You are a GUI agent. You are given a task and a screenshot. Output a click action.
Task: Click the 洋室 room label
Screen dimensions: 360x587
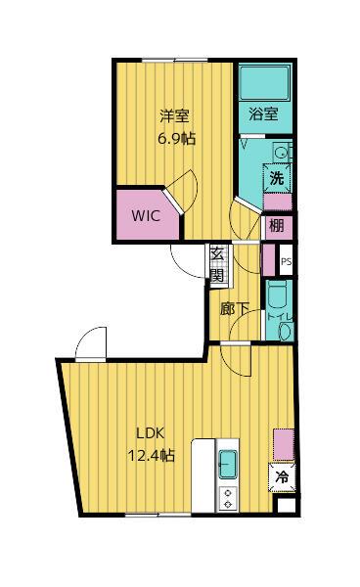(x=175, y=115)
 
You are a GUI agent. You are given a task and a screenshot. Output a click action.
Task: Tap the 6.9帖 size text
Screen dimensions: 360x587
(x=177, y=139)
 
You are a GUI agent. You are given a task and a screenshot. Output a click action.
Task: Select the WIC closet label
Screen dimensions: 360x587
(x=146, y=215)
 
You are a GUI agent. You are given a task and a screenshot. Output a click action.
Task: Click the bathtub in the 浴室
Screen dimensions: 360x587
(x=265, y=83)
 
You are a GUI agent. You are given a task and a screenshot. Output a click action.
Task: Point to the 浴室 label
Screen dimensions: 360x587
(x=263, y=113)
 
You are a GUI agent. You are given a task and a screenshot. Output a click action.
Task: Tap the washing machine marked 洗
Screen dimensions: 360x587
(x=277, y=178)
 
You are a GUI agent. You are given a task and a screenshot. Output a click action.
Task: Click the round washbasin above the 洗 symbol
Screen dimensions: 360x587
(x=280, y=153)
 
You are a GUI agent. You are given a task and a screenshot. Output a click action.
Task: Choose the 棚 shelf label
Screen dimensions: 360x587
(x=277, y=226)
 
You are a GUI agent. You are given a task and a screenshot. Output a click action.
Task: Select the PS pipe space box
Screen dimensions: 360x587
(x=287, y=260)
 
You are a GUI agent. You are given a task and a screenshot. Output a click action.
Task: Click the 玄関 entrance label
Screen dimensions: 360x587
(x=217, y=265)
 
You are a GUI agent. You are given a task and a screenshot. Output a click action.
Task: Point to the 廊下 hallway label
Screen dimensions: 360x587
(x=235, y=309)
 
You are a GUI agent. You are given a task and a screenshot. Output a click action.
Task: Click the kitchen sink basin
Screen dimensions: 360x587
(x=228, y=464)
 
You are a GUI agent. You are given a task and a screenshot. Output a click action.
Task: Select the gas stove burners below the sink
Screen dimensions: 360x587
(x=228, y=499)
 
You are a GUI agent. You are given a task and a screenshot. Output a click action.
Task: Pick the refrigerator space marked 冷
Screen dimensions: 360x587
(x=282, y=477)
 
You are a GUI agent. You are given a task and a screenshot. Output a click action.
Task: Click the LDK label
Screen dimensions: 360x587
(x=150, y=433)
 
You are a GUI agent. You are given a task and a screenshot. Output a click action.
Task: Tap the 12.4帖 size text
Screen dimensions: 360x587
(x=152, y=456)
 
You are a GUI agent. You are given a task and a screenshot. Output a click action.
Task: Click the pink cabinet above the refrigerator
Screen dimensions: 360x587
(x=284, y=445)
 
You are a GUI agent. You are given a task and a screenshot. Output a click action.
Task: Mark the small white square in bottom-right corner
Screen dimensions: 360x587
(x=288, y=505)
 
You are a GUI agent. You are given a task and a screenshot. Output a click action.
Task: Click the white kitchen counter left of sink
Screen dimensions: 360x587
(x=203, y=475)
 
